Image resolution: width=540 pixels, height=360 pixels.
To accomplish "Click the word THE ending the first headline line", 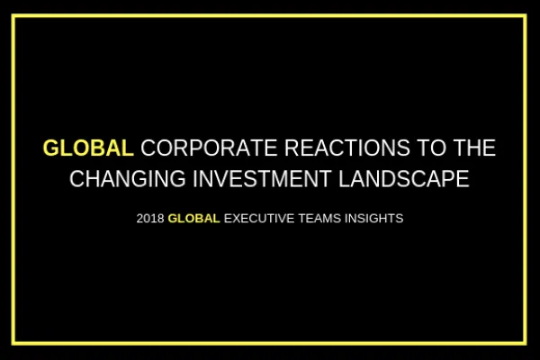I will tap(471, 148).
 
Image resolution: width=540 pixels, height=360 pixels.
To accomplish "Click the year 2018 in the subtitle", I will tap(150, 218).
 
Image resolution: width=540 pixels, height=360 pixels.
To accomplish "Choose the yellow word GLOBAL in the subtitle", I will tap(193, 218).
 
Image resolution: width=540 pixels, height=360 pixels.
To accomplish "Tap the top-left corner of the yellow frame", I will tap(14, 15).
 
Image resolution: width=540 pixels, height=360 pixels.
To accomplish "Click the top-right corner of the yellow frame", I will tap(526, 15).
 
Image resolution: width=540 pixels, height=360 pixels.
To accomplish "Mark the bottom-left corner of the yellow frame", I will tap(14, 343).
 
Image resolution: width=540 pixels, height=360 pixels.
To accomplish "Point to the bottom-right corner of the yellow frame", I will tap(526, 343).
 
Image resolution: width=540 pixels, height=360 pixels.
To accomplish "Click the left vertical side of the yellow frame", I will tap(14, 180).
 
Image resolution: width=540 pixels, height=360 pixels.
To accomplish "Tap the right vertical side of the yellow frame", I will tap(526, 180).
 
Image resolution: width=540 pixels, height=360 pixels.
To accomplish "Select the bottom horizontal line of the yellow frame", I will tap(270, 343).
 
